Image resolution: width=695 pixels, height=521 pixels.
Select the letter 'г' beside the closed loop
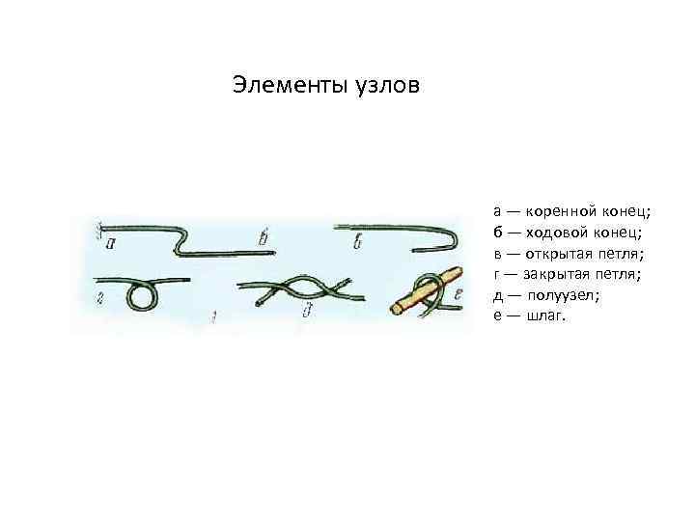click(100, 296)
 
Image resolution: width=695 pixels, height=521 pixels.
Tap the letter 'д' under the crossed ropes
click(308, 310)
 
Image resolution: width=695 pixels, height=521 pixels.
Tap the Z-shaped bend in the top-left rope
click(179, 239)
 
